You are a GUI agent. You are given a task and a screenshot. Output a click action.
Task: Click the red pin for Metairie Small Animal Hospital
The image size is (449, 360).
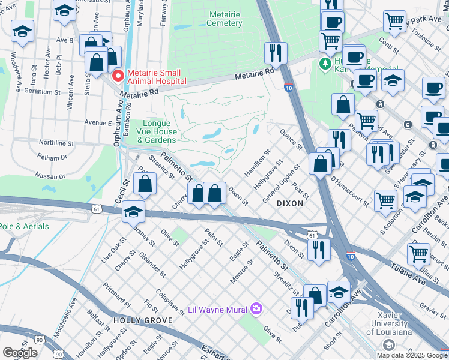[118, 76]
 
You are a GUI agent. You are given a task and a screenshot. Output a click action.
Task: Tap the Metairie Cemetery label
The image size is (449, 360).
[224, 19]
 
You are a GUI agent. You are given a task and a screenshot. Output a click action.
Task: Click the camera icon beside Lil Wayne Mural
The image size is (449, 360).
[257, 308]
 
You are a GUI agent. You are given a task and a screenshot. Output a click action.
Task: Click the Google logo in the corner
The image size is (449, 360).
[20, 353]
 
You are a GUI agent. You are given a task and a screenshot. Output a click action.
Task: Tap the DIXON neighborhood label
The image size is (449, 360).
[290, 203]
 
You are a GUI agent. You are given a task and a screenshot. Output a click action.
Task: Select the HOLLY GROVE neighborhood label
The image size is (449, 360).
[135, 321]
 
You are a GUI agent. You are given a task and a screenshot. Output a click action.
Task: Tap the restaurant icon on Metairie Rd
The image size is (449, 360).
[276, 53]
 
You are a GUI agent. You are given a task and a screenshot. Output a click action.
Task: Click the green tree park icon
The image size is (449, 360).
[326, 62]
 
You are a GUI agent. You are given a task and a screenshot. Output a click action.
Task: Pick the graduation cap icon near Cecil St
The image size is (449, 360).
[133, 212]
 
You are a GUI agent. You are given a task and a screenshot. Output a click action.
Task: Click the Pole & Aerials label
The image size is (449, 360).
[19, 226]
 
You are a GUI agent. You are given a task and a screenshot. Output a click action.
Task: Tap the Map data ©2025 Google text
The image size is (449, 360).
[411, 355]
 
